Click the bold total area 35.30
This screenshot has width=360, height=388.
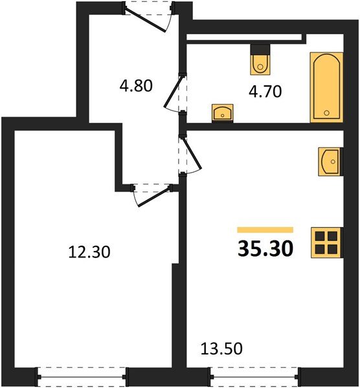point(265,248)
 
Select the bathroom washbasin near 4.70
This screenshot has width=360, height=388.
point(223,113)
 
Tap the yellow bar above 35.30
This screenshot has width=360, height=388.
point(265,230)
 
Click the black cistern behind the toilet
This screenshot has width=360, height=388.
point(259,49)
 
